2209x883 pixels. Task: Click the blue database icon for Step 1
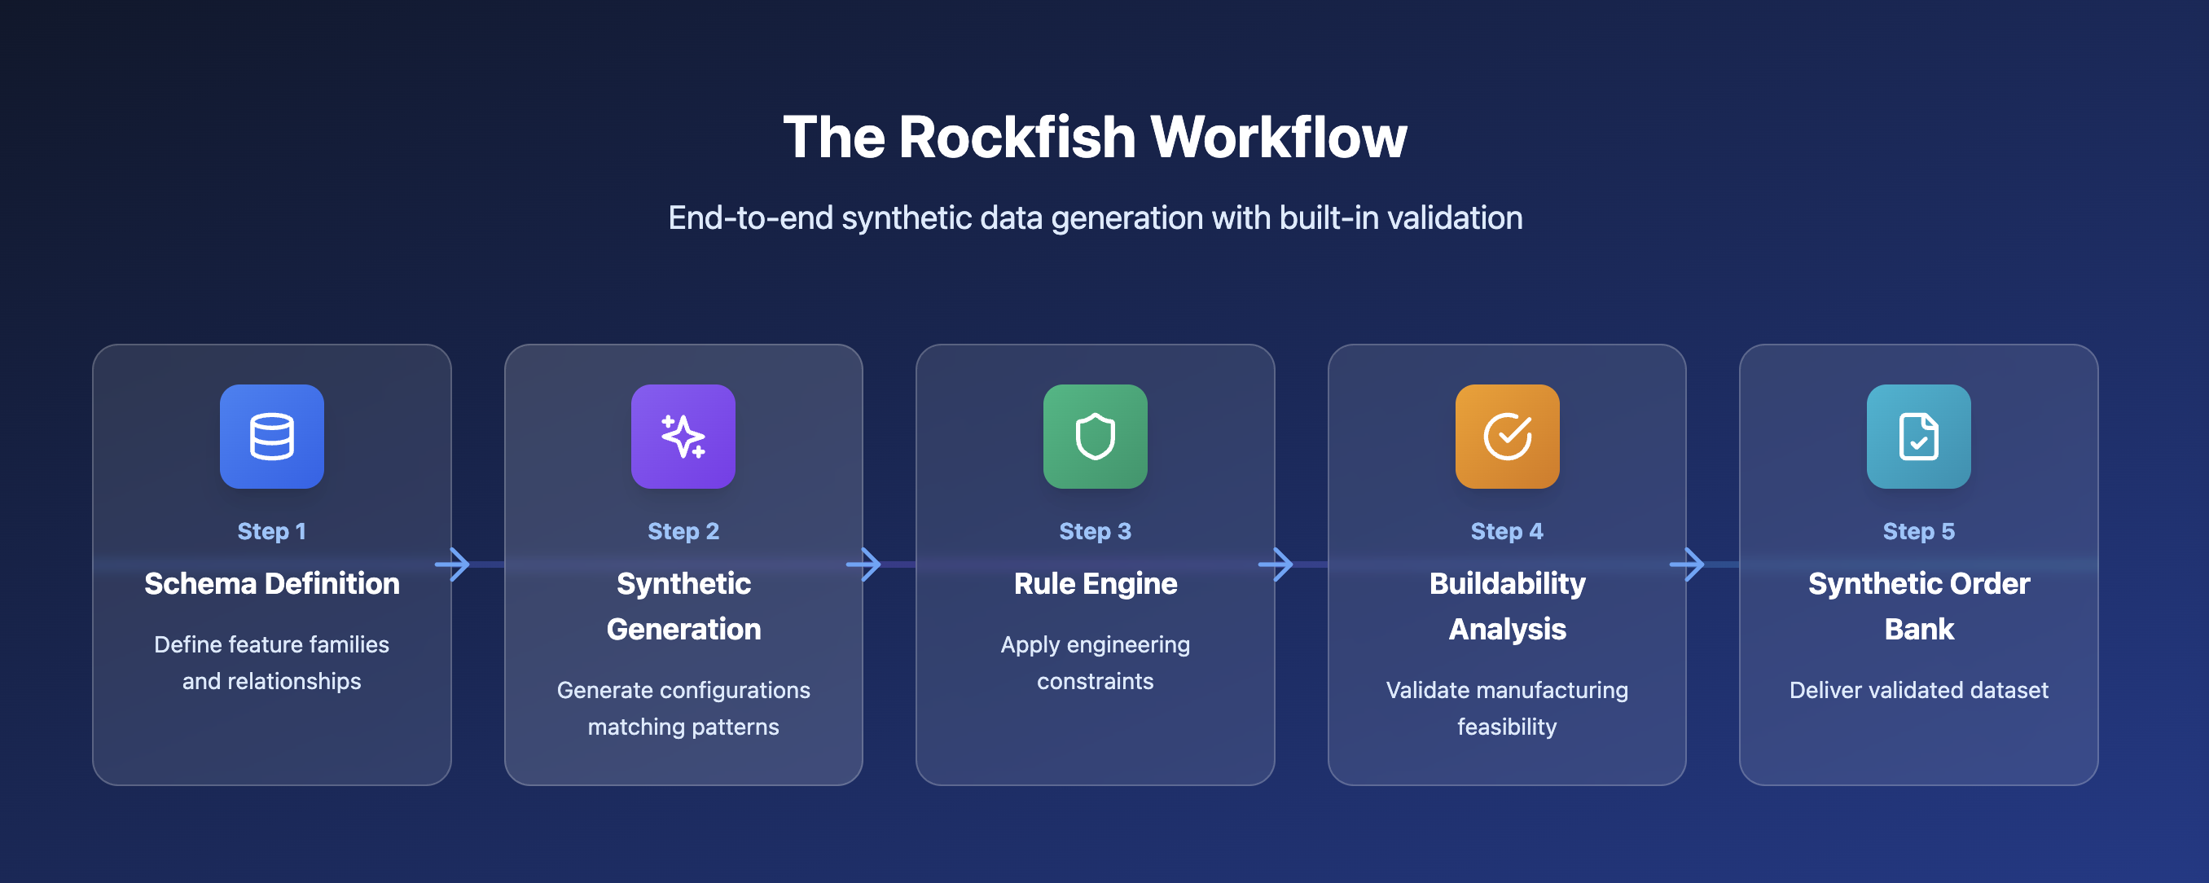pos(272,437)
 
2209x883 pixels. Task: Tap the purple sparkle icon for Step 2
pos(683,437)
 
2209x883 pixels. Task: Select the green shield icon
pos(1095,437)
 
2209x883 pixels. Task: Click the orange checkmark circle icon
pos(1507,437)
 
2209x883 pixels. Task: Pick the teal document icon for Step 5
pos(1918,437)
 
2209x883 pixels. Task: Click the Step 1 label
pos(272,532)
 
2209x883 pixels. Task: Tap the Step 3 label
pos(1095,532)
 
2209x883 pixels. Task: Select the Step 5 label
pos(1918,532)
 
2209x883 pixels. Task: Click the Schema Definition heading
pos(272,584)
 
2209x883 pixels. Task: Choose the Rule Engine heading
pos(1095,584)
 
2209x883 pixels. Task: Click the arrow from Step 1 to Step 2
pos(453,564)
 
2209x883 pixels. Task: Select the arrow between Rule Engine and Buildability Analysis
pos(1276,564)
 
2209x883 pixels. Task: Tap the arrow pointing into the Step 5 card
pos(1688,564)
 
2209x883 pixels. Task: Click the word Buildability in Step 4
pos(1507,584)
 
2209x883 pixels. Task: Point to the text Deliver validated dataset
pos(1918,690)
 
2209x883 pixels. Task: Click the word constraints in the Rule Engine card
pos(1095,682)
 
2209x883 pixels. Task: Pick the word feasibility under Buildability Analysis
pos(1507,727)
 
